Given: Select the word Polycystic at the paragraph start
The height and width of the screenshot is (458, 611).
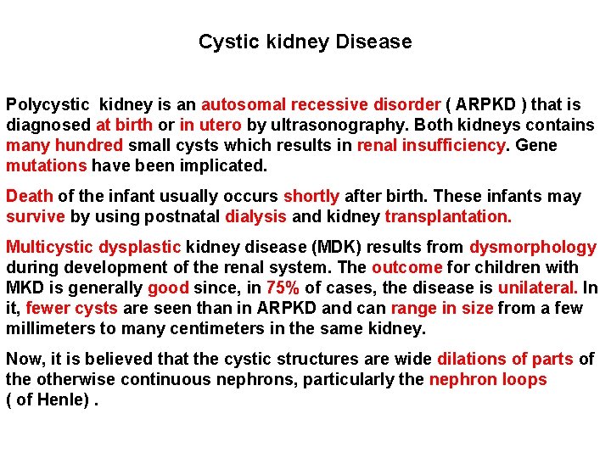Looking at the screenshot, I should tap(48, 104).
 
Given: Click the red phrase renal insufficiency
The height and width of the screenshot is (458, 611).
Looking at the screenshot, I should tap(431, 145).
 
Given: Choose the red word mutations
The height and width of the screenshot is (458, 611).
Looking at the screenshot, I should tap(47, 165).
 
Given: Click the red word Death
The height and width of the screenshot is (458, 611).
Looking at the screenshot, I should tap(29, 196).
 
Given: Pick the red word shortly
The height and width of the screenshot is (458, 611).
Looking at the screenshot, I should tap(311, 196).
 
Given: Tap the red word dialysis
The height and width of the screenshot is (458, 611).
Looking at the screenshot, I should tap(255, 216).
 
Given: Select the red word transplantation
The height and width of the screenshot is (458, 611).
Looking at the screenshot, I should tap(448, 216).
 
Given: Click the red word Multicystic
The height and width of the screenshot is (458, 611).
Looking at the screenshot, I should tap(50, 247).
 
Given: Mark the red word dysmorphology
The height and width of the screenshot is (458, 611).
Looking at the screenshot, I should tap(533, 247).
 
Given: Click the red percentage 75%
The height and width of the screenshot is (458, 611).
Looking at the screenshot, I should tap(283, 288).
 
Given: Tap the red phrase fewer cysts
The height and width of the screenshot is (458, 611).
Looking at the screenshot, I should tap(72, 308).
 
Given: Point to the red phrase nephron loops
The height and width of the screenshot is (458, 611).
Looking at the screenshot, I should tap(488, 379).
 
